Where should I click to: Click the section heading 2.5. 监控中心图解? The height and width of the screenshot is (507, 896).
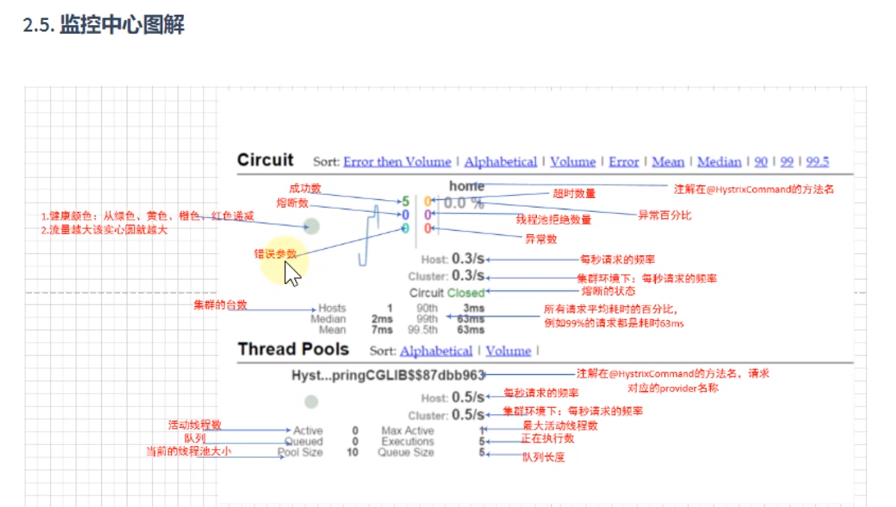(x=103, y=26)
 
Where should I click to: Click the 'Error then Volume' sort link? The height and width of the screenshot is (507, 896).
(x=397, y=162)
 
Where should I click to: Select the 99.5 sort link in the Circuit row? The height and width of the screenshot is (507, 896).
(x=817, y=162)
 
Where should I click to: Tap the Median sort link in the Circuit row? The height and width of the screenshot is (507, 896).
(x=719, y=162)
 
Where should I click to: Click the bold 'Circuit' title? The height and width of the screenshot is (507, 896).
(x=265, y=160)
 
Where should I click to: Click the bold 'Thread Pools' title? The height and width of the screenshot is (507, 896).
(x=293, y=350)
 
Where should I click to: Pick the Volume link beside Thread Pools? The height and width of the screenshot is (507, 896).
(x=508, y=351)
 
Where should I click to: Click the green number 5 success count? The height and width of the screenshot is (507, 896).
(x=406, y=202)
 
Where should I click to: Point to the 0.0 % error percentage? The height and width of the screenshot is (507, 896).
(x=463, y=204)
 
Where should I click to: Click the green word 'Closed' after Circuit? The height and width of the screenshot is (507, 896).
(x=465, y=293)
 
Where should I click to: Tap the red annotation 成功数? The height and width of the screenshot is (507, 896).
(x=305, y=188)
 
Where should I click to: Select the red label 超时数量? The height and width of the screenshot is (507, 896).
(x=574, y=194)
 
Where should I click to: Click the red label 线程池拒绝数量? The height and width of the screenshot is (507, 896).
(x=553, y=220)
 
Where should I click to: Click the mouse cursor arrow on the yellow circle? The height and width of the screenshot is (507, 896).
(x=292, y=273)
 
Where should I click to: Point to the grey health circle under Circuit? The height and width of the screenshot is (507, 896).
(x=312, y=226)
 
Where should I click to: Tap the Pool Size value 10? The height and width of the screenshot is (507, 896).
(x=352, y=453)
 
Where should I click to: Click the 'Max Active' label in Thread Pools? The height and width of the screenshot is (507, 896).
(x=407, y=431)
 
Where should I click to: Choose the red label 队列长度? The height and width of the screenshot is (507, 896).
(x=544, y=457)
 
